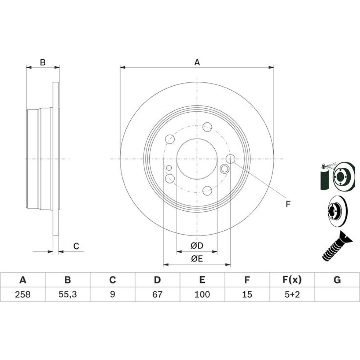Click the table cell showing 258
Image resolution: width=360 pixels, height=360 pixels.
pyautogui.click(x=23, y=294)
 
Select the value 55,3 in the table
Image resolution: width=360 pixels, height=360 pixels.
pyautogui.click(x=68, y=294)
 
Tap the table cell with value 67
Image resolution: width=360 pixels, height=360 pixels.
pyautogui.click(x=157, y=294)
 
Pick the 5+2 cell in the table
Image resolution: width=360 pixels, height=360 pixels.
pyautogui.click(x=292, y=294)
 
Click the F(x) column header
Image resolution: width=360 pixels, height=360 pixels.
pyautogui.click(x=292, y=280)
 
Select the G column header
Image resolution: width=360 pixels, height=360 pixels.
pyautogui.click(x=337, y=280)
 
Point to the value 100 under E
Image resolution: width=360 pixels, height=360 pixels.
pyautogui.click(x=202, y=294)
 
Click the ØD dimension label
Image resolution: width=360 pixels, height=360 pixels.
pyautogui.click(x=197, y=246)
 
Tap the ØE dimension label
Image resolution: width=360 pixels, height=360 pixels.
pyautogui.click(x=197, y=259)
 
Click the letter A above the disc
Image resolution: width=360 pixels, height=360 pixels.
pyautogui.click(x=197, y=62)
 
